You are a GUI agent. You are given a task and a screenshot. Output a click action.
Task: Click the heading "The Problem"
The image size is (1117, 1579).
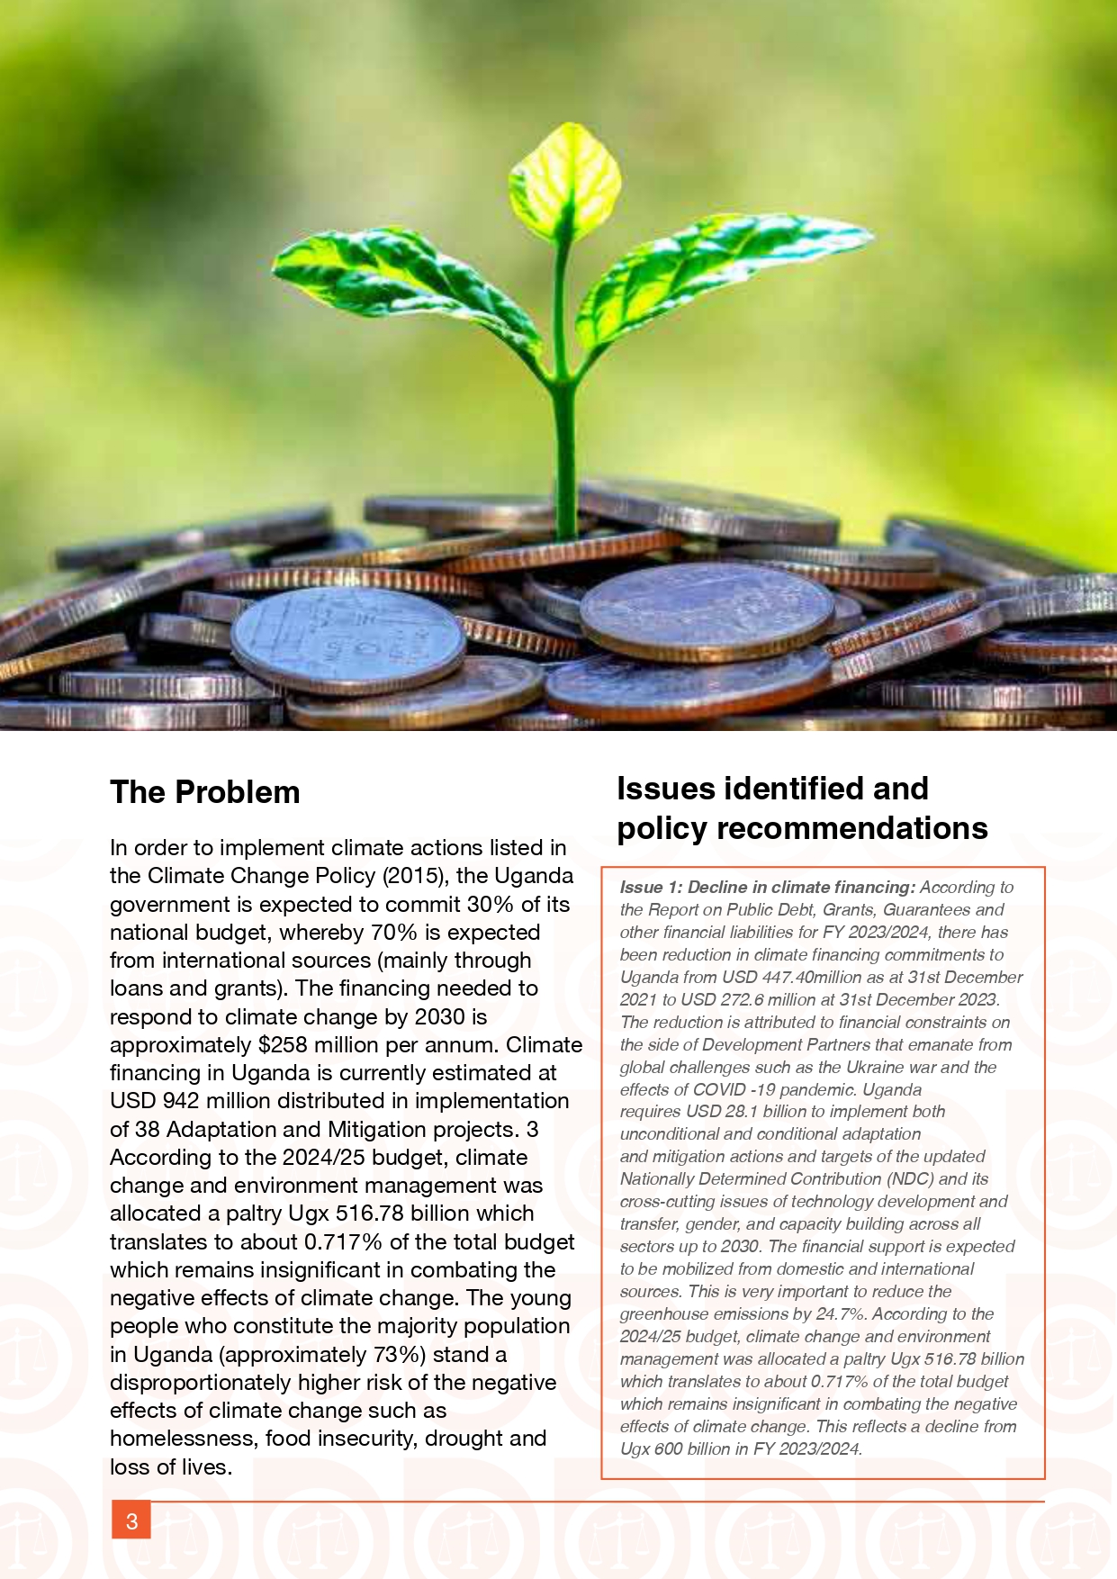[204, 792]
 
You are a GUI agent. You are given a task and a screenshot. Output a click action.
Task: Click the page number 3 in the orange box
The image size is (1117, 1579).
[131, 1520]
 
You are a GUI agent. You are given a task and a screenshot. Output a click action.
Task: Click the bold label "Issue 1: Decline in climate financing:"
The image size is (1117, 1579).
[767, 888]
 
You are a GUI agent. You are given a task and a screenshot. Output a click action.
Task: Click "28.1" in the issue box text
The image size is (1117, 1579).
[743, 1112]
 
